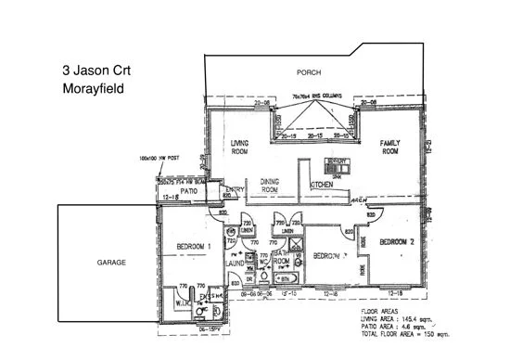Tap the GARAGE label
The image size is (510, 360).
click(x=111, y=263)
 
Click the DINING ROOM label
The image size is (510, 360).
click(x=269, y=185)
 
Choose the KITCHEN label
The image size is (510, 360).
click(x=322, y=186)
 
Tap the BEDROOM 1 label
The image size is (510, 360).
click(x=194, y=246)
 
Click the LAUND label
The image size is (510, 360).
click(x=236, y=264)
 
